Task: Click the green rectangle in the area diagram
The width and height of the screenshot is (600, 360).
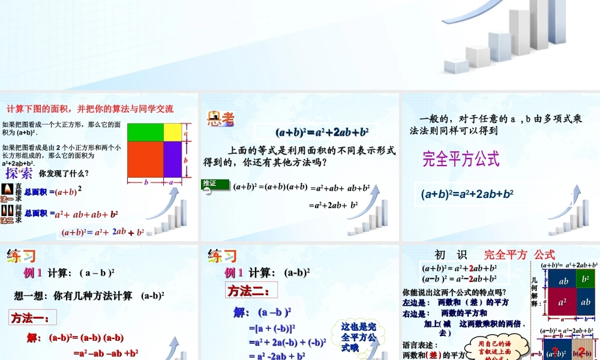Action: coord(145,131)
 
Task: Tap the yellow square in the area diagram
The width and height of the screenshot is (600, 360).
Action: coord(172,131)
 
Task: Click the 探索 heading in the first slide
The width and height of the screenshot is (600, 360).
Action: coord(19,174)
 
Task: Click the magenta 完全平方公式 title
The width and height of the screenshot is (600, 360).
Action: coord(460,159)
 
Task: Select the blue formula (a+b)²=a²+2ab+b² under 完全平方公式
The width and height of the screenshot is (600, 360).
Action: coord(467,194)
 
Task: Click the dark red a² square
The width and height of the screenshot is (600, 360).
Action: coord(563,302)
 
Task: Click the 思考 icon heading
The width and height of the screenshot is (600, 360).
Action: coord(220,119)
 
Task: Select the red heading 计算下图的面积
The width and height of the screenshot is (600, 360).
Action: coord(90,109)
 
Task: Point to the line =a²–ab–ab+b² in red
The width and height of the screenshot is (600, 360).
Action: coord(106,353)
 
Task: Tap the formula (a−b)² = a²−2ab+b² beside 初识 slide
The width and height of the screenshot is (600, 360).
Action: coord(459,278)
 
